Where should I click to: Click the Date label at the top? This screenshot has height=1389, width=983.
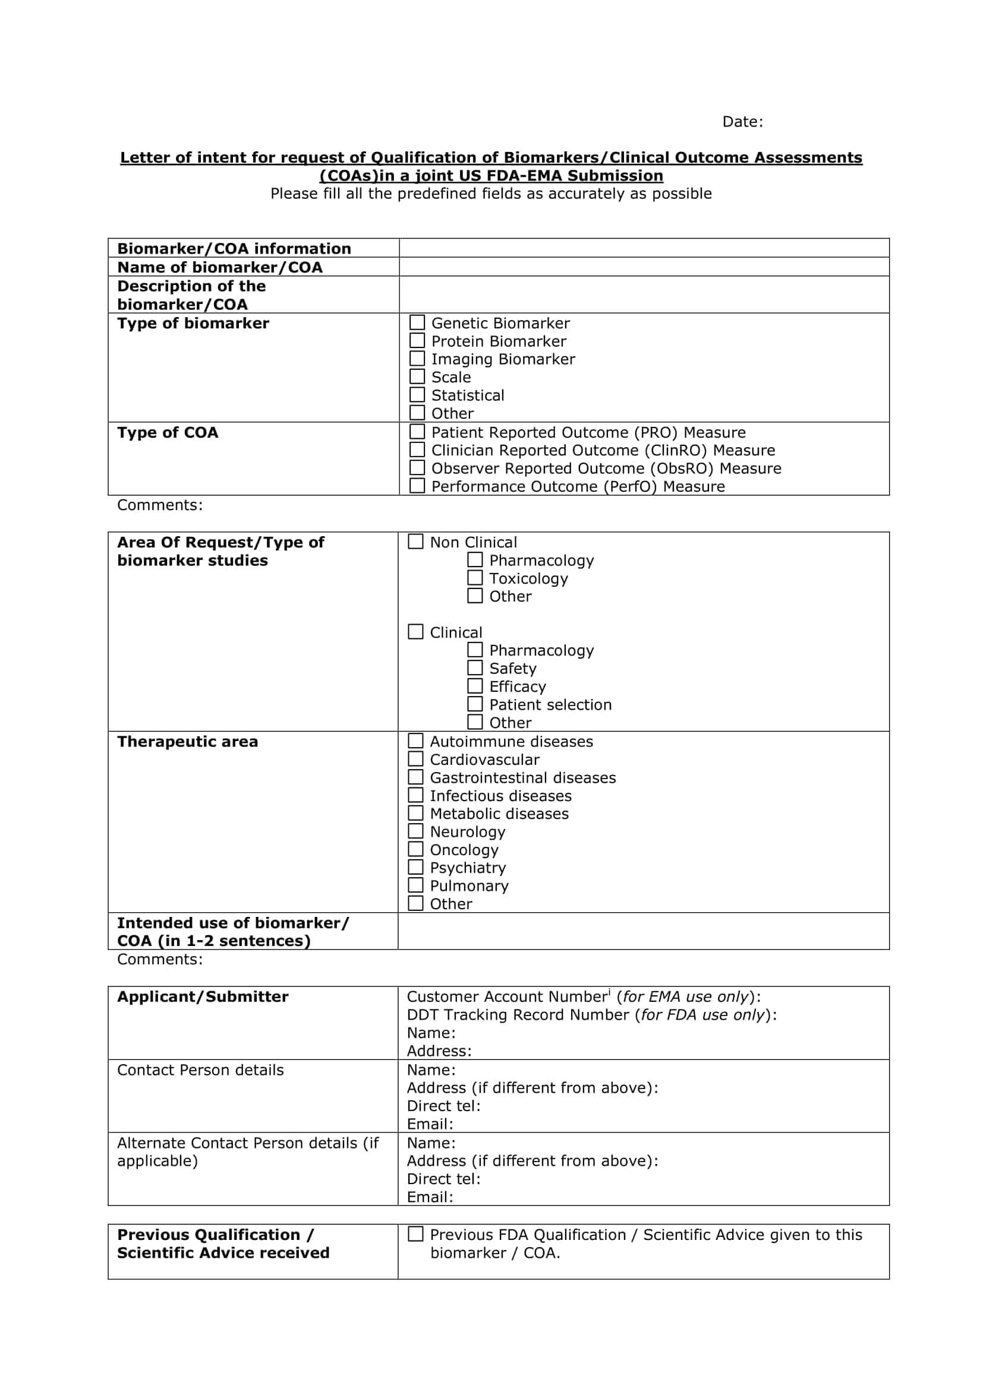coord(742,122)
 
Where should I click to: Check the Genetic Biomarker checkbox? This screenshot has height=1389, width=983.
coord(417,322)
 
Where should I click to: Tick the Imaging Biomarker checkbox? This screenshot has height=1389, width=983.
coord(417,359)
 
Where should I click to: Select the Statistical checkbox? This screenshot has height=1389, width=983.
coord(417,395)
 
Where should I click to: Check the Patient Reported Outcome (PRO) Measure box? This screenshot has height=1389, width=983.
coord(417,432)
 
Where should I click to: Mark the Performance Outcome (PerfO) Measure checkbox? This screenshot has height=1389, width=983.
coord(417,486)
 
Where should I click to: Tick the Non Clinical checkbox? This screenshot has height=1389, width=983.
coord(416,542)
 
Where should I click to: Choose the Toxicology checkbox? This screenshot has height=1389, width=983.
coord(475,578)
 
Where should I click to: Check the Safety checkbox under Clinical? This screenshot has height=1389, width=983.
coord(475,668)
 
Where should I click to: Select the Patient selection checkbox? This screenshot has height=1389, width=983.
coord(475,704)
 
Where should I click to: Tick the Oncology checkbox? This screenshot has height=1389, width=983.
coord(416,849)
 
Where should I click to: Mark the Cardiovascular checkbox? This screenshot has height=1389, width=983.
coord(416,760)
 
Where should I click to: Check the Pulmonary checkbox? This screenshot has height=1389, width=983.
coord(416,885)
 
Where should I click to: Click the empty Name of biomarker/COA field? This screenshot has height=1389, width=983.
coord(644,267)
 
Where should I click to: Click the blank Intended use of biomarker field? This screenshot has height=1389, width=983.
coord(644,931)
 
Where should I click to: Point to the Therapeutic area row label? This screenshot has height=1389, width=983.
coord(188,742)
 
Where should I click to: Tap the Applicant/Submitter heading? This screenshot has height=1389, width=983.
coord(203,996)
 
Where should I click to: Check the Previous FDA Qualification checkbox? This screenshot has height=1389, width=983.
coord(416,1234)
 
